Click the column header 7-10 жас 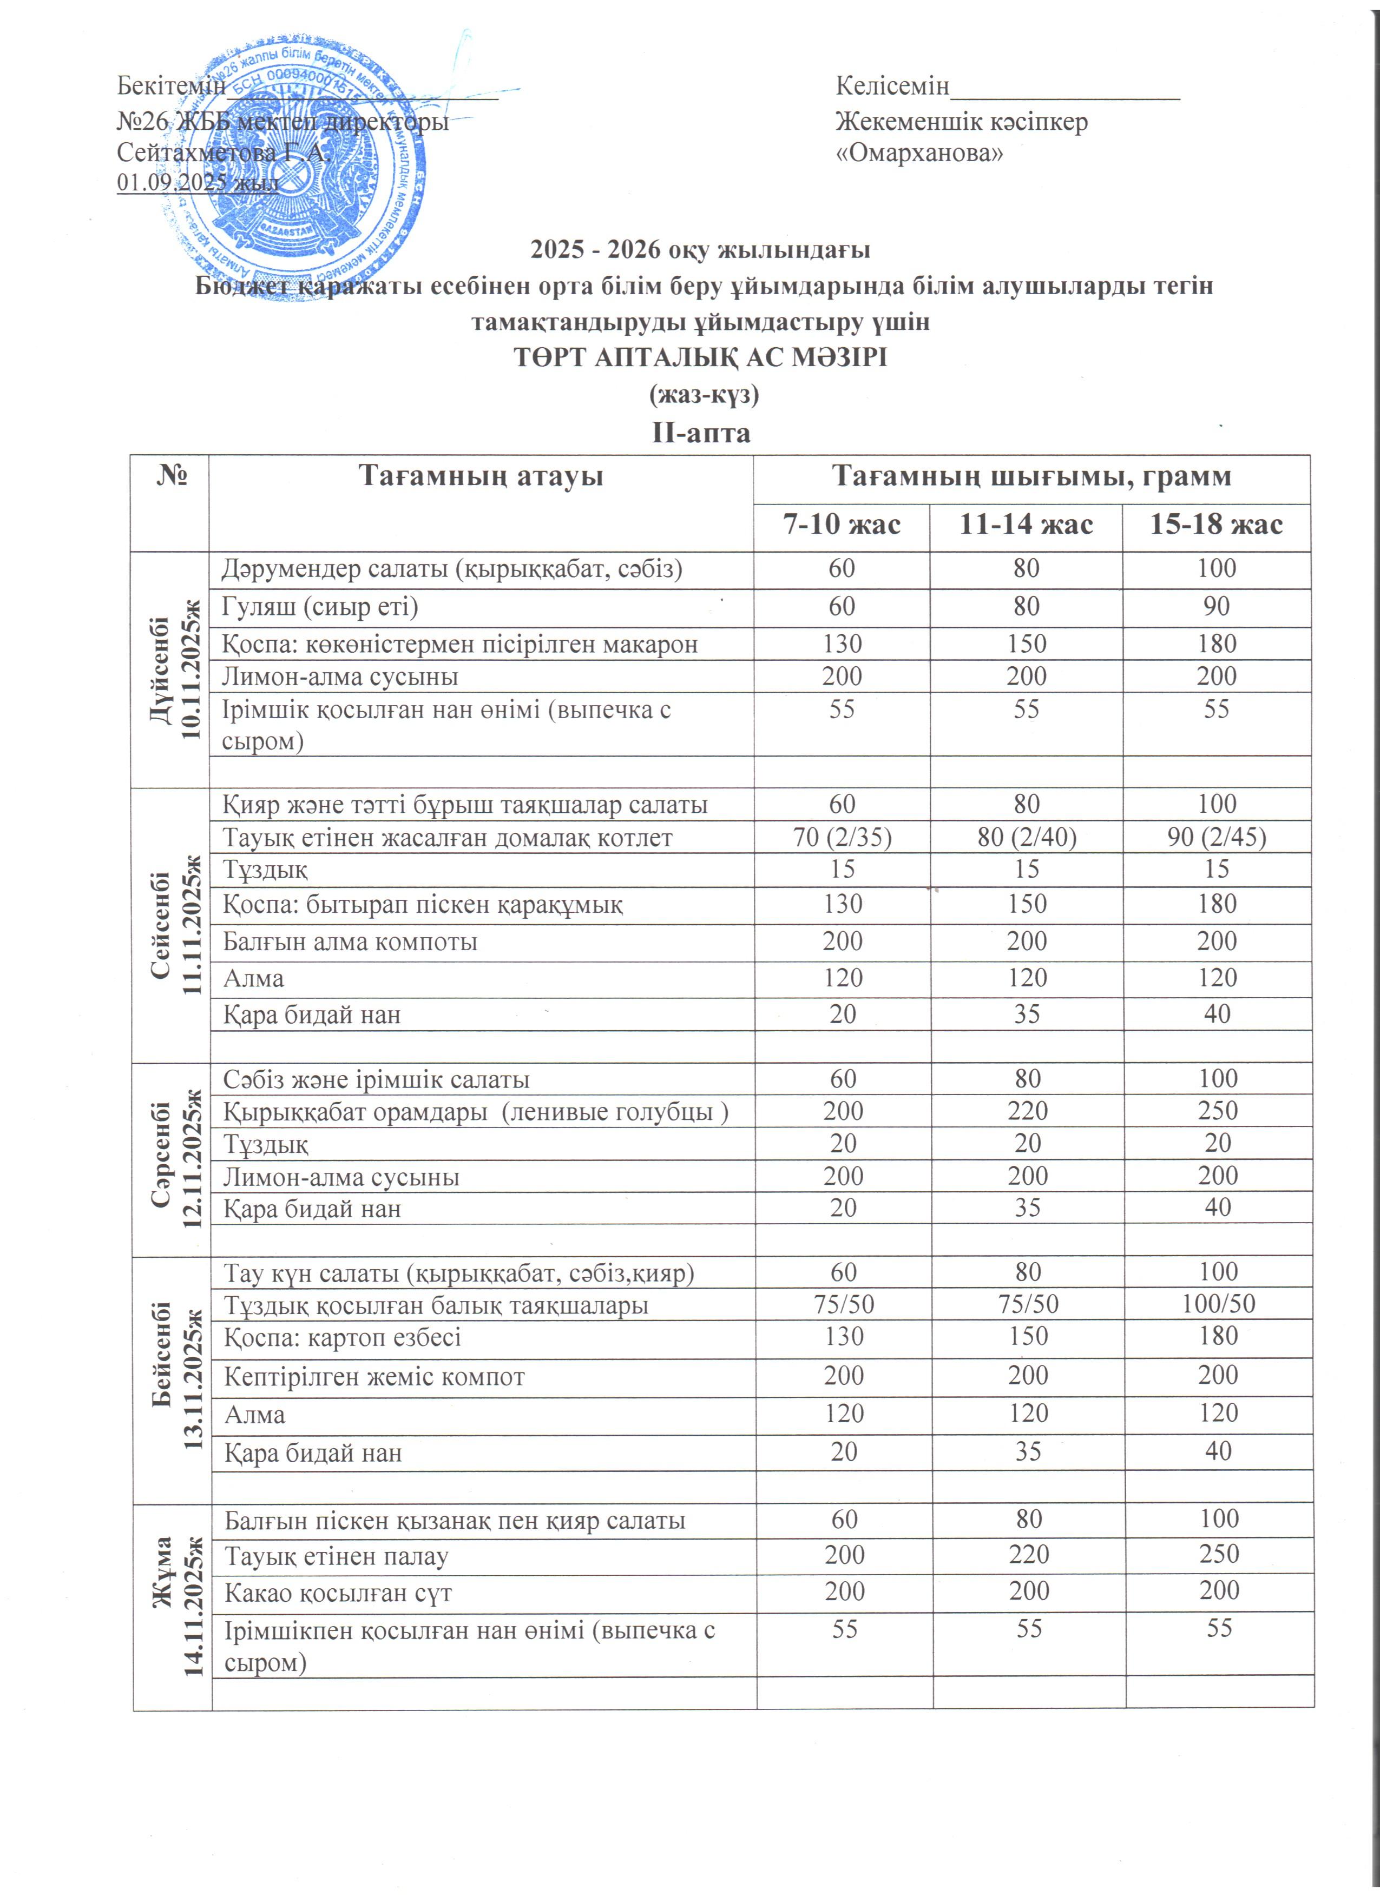click(x=841, y=525)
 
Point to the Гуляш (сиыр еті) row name click(x=320, y=606)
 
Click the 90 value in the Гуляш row click(x=1216, y=606)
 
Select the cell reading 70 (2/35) click(x=842, y=837)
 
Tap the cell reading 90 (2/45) click(x=1217, y=837)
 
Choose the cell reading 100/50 click(x=1218, y=1304)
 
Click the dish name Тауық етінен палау click(x=337, y=1556)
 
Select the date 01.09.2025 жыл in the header click(x=198, y=182)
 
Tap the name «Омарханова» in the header click(x=919, y=153)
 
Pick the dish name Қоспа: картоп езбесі click(x=342, y=1337)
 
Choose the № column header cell click(x=170, y=477)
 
